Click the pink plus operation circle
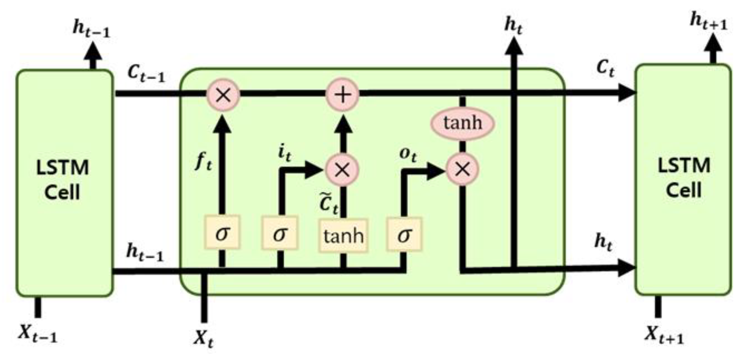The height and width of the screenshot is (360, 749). click(x=343, y=94)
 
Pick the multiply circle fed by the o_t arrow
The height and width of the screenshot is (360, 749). click(x=463, y=169)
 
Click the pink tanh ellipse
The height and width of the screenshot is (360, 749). click(x=463, y=123)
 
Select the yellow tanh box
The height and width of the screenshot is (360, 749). click(x=343, y=236)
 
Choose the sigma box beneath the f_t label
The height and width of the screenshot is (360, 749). click(x=222, y=232)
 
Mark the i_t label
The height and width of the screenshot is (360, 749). click(x=284, y=153)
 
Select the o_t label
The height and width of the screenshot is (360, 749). click(x=408, y=155)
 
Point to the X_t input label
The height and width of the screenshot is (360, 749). click(x=204, y=338)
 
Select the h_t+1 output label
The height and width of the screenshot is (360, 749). click(x=708, y=22)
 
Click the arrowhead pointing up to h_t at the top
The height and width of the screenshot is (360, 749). click(x=514, y=46)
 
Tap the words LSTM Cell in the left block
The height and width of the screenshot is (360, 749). click(x=63, y=180)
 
